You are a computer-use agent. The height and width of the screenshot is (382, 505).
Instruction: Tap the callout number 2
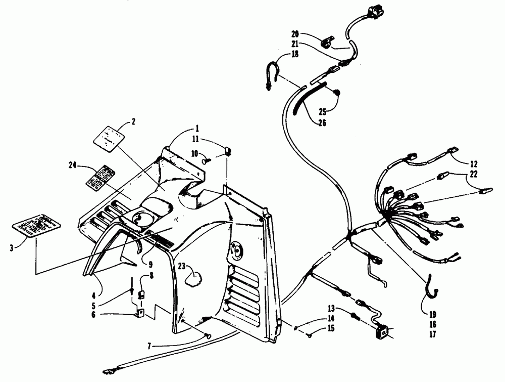click(x=133, y=121)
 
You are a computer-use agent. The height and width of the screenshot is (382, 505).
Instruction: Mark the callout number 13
click(x=331, y=308)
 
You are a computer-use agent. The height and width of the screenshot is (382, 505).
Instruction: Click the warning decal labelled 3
click(x=35, y=227)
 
